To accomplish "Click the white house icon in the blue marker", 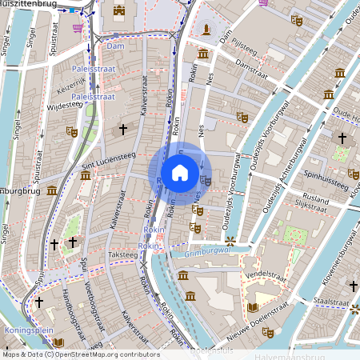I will tap(180, 173).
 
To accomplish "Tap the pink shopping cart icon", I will tap(77, 28).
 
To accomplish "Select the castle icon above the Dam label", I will tap(119, 10).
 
